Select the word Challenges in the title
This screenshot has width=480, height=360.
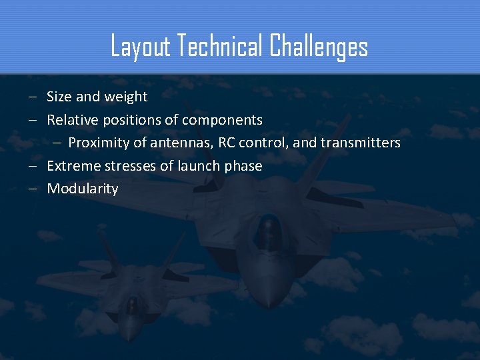319,47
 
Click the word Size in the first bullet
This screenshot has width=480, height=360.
59,97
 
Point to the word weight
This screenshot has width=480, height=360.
125,97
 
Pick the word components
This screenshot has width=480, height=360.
223,121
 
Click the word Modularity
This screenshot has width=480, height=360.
83,189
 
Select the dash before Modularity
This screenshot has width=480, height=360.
33,189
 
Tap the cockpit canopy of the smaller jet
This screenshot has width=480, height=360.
133,304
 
